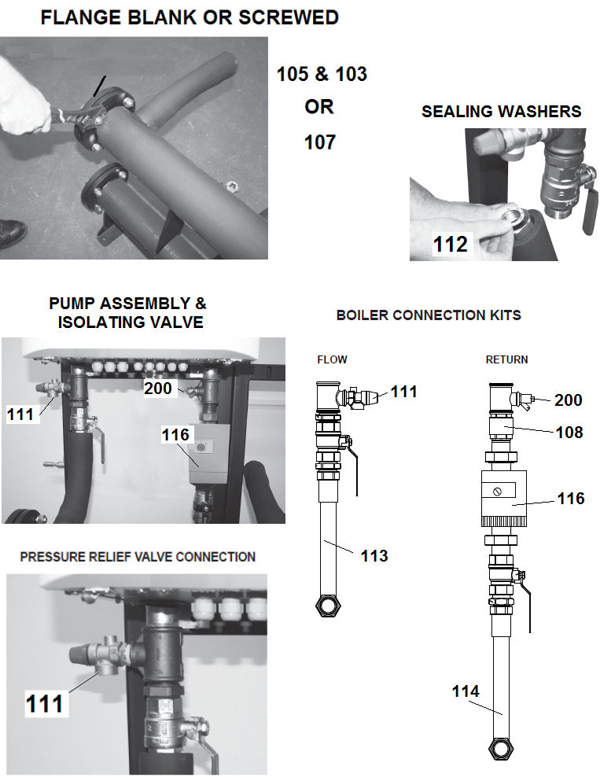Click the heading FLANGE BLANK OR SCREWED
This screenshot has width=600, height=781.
[x=190, y=17]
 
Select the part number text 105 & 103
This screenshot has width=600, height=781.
[x=322, y=75]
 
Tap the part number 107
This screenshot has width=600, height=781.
[x=319, y=142]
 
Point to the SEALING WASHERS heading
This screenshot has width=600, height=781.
[x=501, y=112]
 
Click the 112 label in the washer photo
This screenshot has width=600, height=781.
[x=450, y=245]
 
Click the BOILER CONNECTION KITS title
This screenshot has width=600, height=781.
[x=429, y=315]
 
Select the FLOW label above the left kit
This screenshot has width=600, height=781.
[x=332, y=359]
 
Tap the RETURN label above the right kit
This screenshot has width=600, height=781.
[x=506, y=359]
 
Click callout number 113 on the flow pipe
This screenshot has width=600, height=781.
[x=374, y=556]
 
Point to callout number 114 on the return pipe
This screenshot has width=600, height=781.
[x=466, y=691]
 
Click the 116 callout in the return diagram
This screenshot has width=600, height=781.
[x=570, y=499]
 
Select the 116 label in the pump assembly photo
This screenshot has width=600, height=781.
[x=176, y=434]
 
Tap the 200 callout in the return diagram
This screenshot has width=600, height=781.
[x=568, y=400]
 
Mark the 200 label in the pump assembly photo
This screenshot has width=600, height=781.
[x=159, y=387]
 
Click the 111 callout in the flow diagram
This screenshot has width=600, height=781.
[x=403, y=392]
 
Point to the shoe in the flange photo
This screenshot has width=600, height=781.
[x=13, y=234]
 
